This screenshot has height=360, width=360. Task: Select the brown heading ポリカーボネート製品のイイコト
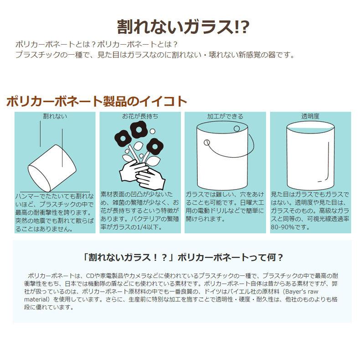pyautogui.click(x=97, y=101)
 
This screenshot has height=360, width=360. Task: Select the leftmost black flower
pyautogui.click(x=122, y=138)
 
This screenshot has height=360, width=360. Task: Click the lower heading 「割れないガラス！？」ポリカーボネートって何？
pyautogui.click(x=180, y=257)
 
